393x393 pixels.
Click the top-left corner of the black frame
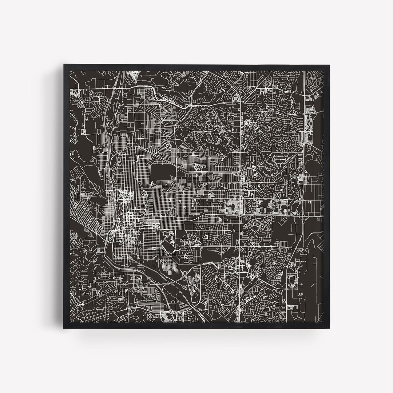point(64,65)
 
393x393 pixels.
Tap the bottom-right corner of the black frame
point(329,329)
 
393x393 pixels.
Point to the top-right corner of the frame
point(329,65)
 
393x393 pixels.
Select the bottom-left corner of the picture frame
point(64,329)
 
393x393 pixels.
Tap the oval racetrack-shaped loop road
point(168,248)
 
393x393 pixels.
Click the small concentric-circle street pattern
point(278,195)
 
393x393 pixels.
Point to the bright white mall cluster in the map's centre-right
point(232,206)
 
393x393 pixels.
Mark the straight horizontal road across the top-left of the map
point(98,89)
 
